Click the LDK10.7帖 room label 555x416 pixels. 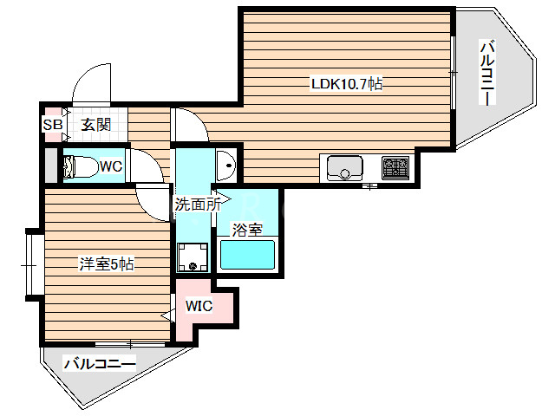pyautogui.click(x=348, y=84)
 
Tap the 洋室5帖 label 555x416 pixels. pyautogui.click(x=107, y=264)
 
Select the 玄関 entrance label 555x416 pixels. pyautogui.click(x=96, y=125)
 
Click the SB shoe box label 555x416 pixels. pyautogui.click(x=53, y=125)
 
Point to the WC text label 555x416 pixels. pyautogui.click(x=110, y=166)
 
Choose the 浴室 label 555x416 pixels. pyautogui.click(x=247, y=230)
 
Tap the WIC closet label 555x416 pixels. pyautogui.click(x=199, y=306)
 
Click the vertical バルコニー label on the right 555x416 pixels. pyautogui.click(x=487, y=74)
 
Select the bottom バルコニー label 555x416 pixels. pyautogui.click(x=100, y=364)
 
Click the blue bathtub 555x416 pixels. pyautogui.click(x=247, y=256)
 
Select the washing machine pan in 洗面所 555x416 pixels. pyautogui.click(x=193, y=256)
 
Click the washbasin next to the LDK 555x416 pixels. pyautogui.click(x=226, y=162)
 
